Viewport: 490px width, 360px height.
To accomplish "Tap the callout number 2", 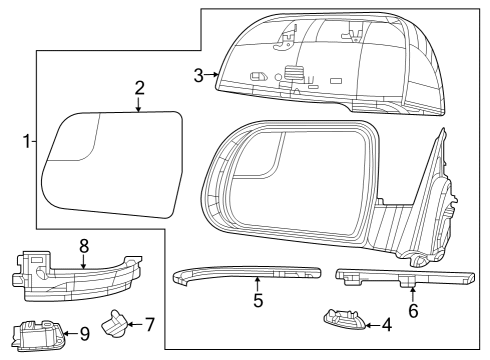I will point(140,88).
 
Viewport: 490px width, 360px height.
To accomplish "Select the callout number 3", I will point(198,75).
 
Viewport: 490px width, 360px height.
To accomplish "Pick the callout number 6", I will point(413,310).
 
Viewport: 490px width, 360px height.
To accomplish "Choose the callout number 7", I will point(150,324).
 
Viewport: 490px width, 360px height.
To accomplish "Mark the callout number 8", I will point(84,243).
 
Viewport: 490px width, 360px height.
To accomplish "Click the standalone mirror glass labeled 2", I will point(110,170).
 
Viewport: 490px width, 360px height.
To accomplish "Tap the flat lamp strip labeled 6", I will point(400,274).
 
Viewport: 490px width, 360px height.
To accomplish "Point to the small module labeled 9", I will point(40,331).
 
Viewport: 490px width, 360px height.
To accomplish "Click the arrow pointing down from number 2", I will point(140,103).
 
